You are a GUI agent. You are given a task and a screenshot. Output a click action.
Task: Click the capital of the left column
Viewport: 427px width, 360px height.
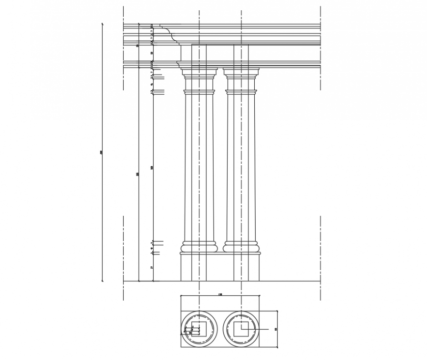pos(199,74)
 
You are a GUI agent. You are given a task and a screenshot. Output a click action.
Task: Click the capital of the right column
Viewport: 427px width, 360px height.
pos(241,74)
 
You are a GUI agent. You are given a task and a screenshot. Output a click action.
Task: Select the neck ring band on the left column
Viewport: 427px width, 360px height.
pos(199,92)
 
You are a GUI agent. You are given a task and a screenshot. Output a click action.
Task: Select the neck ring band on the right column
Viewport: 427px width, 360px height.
pos(241,92)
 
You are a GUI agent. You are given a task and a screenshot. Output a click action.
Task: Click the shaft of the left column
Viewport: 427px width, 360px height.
pos(199,167)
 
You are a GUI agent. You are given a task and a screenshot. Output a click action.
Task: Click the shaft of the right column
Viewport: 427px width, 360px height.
pos(241,167)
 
